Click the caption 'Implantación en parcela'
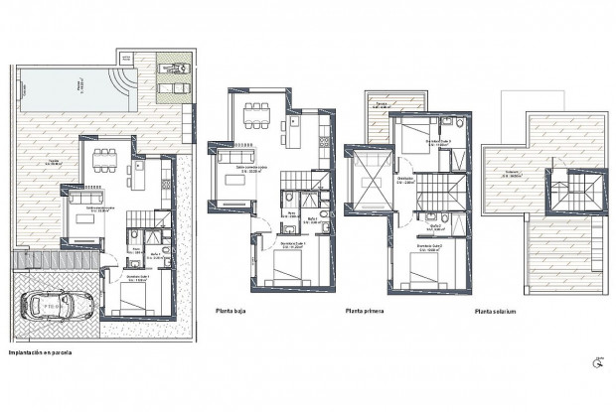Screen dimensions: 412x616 click(41, 351)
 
